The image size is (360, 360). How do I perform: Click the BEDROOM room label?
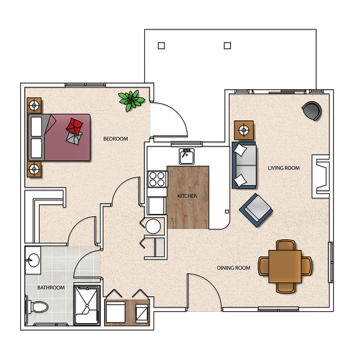(x=116, y=139)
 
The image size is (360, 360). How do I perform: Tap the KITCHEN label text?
(x=187, y=196)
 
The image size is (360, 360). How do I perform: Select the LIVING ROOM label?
(x=284, y=168)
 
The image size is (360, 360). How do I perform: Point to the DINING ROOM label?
(x=233, y=268)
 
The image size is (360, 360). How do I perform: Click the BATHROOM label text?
(x=51, y=288)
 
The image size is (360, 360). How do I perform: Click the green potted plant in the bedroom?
(x=132, y=100)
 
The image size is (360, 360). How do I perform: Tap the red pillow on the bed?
(x=75, y=125)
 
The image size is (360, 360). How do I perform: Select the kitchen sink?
(x=186, y=156)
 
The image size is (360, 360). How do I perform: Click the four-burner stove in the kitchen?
(x=157, y=179)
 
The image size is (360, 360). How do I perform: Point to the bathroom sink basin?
(x=33, y=260)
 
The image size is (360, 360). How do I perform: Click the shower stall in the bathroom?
(x=87, y=305)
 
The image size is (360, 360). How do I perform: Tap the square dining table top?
(x=285, y=266)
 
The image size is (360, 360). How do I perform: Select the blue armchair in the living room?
(x=256, y=210)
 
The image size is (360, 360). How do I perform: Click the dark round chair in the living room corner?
(x=312, y=111)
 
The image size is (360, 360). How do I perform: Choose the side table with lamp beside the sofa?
(x=244, y=130)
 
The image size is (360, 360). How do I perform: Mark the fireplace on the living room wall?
(x=320, y=177)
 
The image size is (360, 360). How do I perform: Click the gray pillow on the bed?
(x=74, y=138)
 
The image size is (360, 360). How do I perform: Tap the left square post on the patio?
(x=162, y=45)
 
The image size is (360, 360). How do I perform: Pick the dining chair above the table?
(x=285, y=245)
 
